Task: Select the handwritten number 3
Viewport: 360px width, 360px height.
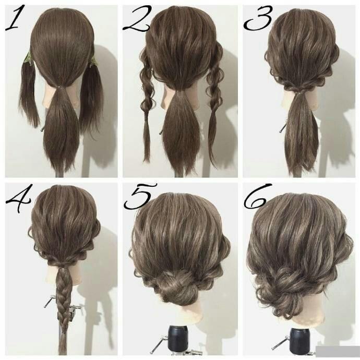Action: click(258, 18)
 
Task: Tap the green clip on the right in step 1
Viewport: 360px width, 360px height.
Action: click(93, 62)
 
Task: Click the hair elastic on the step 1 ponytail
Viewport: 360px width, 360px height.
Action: click(60, 87)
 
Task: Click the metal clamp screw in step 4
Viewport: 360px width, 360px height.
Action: click(50, 301)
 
